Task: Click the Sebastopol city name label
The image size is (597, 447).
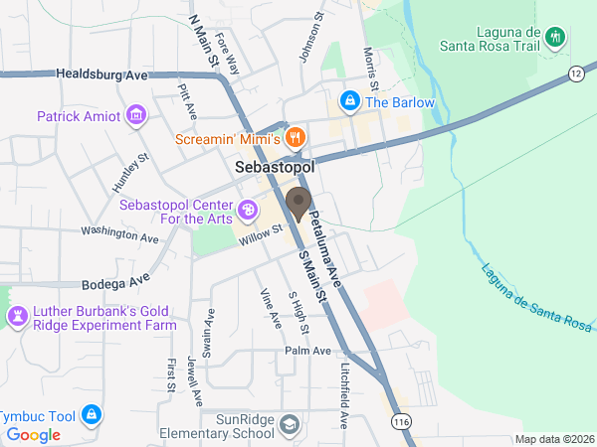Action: [x=275, y=169]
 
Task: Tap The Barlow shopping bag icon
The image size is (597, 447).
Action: [x=349, y=100]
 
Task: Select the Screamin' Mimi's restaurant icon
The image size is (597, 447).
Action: [x=295, y=137]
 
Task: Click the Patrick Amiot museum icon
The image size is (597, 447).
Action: [x=136, y=116]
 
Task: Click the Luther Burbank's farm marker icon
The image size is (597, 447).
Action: [x=17, y=317]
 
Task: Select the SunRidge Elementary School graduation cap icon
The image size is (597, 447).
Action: [x=289, y=425]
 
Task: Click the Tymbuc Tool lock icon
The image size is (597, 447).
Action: [x=91, y=412]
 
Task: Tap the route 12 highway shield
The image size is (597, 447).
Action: [x=576, y=74]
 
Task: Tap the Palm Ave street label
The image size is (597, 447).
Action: [x=307, y=351]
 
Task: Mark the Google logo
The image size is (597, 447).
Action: [x=34, y=435]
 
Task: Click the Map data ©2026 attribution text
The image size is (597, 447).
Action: [x=554, y=439]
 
